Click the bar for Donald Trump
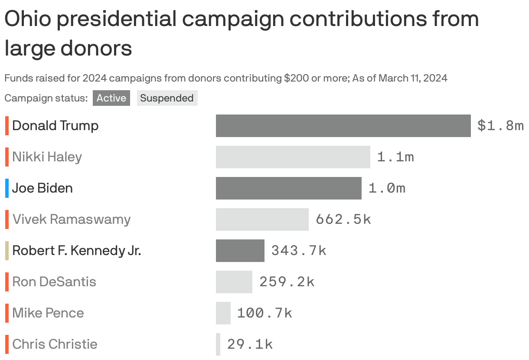343,126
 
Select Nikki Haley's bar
293,157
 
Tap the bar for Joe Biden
288,188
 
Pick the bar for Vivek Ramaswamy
262,219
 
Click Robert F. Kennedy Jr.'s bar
240,251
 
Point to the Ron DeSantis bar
234,282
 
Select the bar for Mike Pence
223,313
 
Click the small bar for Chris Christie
218,344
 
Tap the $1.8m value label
500,126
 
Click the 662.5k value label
343,219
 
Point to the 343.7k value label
299,251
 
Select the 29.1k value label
250,344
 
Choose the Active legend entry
111,98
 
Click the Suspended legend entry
167,98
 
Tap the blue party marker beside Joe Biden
7,188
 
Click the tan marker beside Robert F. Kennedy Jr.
7,251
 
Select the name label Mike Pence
48,313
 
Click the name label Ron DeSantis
54,281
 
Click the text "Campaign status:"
46,98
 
